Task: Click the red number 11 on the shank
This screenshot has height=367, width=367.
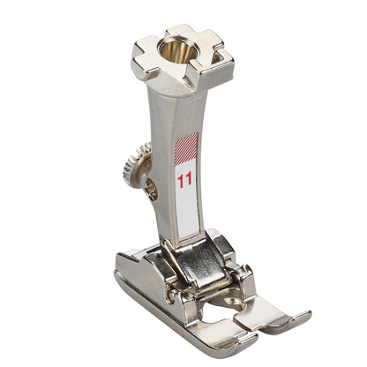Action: [184, 181]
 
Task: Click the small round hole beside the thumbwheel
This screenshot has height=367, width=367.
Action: [151, 187]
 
